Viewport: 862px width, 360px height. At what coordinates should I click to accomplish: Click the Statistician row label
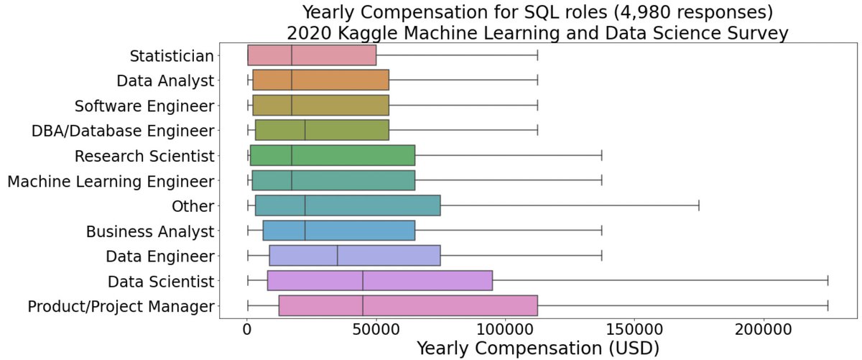tap(172, 56)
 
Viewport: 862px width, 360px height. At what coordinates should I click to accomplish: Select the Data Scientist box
tap(380, 281)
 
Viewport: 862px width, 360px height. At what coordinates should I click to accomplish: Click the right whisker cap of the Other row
tap(699, 206)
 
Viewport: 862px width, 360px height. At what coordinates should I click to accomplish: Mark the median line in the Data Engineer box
tap(338, 256)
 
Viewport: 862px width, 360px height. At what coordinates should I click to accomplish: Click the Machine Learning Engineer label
tap(111, 181)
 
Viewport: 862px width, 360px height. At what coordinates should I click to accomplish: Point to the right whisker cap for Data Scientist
tap(828, 281)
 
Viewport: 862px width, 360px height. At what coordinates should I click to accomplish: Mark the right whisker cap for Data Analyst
tap(537, 81)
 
